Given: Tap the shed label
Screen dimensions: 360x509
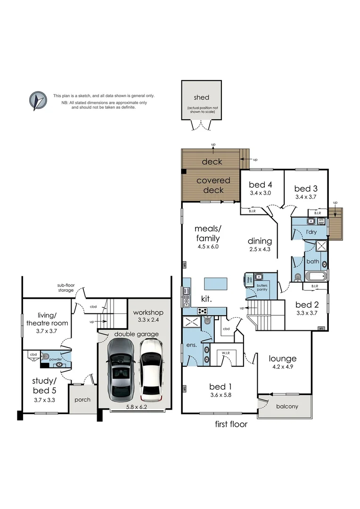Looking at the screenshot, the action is pos(201,98).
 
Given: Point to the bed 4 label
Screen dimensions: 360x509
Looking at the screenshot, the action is pos(261,184).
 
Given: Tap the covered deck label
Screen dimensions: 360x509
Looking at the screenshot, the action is pos(213,185).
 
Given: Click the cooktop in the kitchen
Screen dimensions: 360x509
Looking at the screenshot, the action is pos(203,311).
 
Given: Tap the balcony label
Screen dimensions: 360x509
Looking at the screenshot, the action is pos(286,406).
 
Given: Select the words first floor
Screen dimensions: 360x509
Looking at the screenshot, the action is pos(231,424).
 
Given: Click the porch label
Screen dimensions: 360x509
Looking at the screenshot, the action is pos(82,400).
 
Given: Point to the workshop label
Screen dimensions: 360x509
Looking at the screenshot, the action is pos(148,312).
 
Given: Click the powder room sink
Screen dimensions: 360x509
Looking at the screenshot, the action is pos(60,364).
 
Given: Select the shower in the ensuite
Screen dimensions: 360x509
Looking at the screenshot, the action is pos(193,323).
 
